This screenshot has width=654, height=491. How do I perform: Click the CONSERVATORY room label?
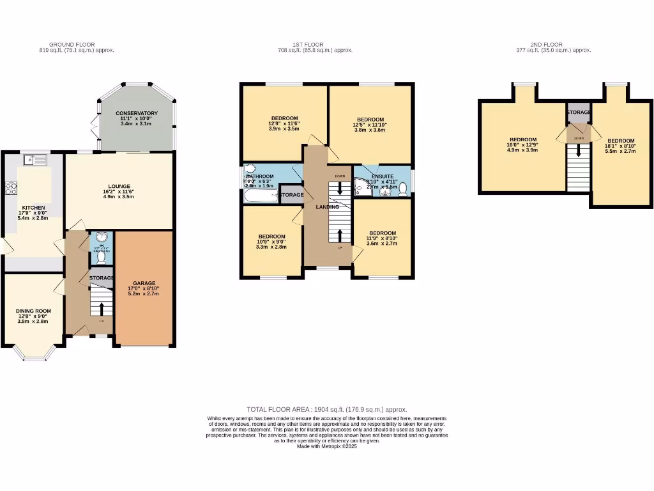coord(137,113)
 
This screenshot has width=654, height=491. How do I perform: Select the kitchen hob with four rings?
coord(11,188)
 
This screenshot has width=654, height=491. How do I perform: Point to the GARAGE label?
coord(144,283)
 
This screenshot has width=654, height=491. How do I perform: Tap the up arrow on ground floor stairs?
coord(100,309)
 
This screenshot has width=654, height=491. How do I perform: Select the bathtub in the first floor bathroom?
coord(261,195)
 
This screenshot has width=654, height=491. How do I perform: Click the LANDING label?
coord(327,207)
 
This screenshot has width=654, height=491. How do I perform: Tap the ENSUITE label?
coord(383,175)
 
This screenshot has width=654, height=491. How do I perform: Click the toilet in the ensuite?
coord(403,188)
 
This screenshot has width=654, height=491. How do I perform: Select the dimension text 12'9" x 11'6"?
coord(284,123)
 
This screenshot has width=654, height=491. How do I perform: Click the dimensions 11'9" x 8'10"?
coord(382,238)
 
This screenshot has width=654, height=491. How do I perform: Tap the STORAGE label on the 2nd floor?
coord(579,112)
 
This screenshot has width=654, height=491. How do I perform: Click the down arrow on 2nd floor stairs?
coord(579,150)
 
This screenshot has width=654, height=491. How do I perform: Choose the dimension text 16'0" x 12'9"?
coord(522,145)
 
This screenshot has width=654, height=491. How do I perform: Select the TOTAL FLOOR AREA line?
coord(327,409)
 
